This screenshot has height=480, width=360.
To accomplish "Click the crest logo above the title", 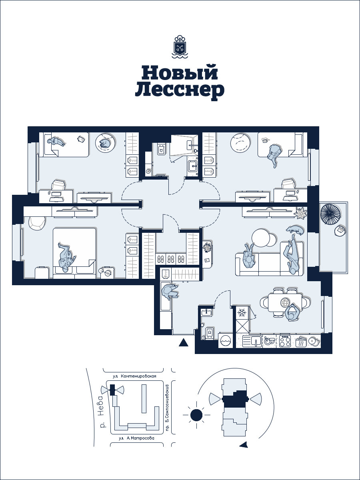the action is click(x=180, y=46).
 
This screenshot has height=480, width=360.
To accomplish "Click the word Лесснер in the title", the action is click(x=180, y=90).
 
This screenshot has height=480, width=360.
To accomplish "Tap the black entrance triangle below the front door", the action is click(x=183, y=343).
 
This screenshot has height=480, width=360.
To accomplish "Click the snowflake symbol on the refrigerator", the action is click(x=242, y=313).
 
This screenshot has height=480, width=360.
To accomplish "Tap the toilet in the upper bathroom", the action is click(x=162, y=149).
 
